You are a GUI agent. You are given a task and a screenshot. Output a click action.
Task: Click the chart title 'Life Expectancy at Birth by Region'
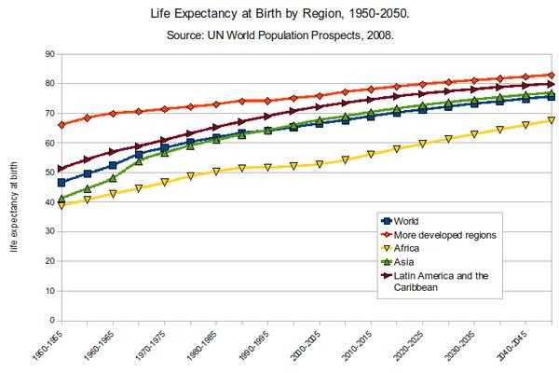(x=279, y=15)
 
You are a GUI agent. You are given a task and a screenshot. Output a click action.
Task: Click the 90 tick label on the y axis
(x=43, y=54)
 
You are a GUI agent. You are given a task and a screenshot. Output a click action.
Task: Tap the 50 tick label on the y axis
(x=43, y=173)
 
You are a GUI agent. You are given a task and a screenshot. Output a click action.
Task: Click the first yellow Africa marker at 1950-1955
(x=62, y=205)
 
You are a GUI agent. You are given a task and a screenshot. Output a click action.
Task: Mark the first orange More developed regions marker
(x=62, y=125)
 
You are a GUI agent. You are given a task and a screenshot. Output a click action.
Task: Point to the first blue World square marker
(x=62, y=183)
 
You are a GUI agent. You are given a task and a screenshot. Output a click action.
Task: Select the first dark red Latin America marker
(x=62, y=169)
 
